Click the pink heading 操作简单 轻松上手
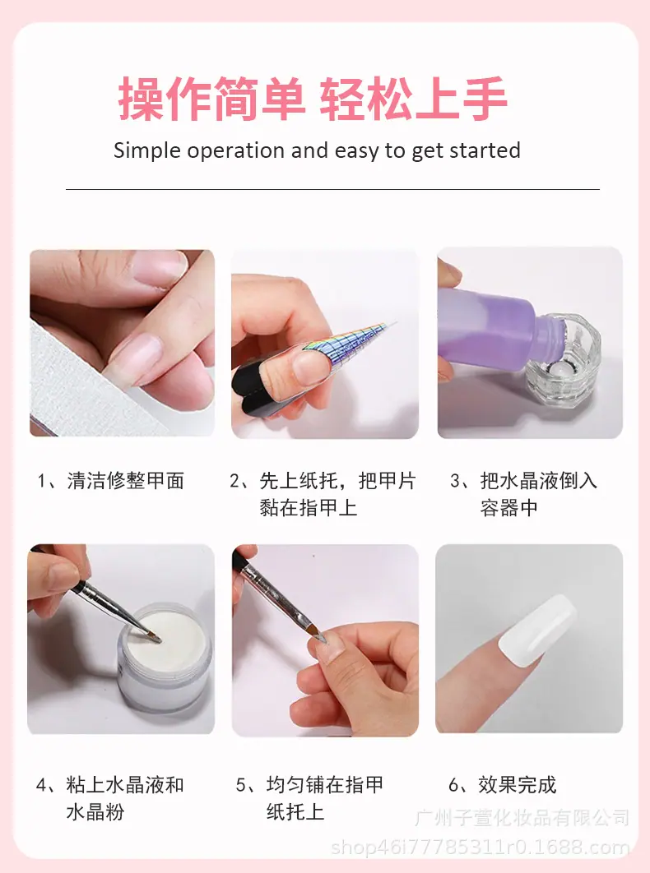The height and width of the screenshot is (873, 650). (x=313, y=99)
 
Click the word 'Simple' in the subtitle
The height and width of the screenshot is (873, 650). (x=147, y=151)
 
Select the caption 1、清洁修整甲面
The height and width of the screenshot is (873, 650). (x=111, y=481)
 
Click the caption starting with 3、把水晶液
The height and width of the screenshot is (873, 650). (x=523, y=494)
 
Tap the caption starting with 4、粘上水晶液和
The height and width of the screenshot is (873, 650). (x=109, y=798)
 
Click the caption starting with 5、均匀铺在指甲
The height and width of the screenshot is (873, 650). (x=310, y=798)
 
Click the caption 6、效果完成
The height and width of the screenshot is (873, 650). (x=502, y=785)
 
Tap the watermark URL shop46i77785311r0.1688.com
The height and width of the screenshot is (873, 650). (x=481, y=848)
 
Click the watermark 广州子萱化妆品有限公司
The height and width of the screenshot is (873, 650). (x=522, y=818)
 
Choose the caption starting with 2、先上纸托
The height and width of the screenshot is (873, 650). (x=323, y=494)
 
